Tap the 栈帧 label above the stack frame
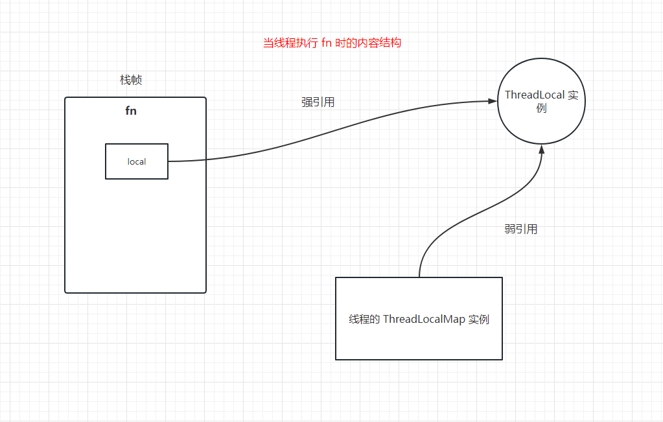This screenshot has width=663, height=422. pyautogui.click(x=131, y=80)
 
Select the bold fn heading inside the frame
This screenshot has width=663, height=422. pyautogui.click(x=131, y=111)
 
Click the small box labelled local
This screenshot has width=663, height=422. pyautogui.click(x=137, y=161)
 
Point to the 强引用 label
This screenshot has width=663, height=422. pyautogui.click(x=318, y=102)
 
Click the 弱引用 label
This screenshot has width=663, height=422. pyautogui.click(x=521, y=229)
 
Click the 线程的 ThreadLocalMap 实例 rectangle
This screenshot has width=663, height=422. pyautogui.click(x=419, y=318)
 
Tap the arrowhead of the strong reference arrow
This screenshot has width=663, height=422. pyautogui.click(x=491, y=101)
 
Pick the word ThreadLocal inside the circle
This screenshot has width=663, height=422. pyautogui.click(x=535, y=95)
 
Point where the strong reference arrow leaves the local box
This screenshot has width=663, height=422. pyautogui.click(x=169, y=161)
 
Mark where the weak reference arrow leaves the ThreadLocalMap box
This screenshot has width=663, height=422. pyautogui.click(x=419, y=277)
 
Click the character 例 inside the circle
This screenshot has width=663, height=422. pyautogui.click(x=542, y=108)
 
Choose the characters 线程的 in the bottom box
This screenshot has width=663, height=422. pyautogui.click(x=364, y=320)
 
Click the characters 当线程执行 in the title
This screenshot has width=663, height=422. pyautogui.click(x=290, y=43)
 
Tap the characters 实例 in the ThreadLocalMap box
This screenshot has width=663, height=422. pyautogui.click(x=478, y=320)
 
